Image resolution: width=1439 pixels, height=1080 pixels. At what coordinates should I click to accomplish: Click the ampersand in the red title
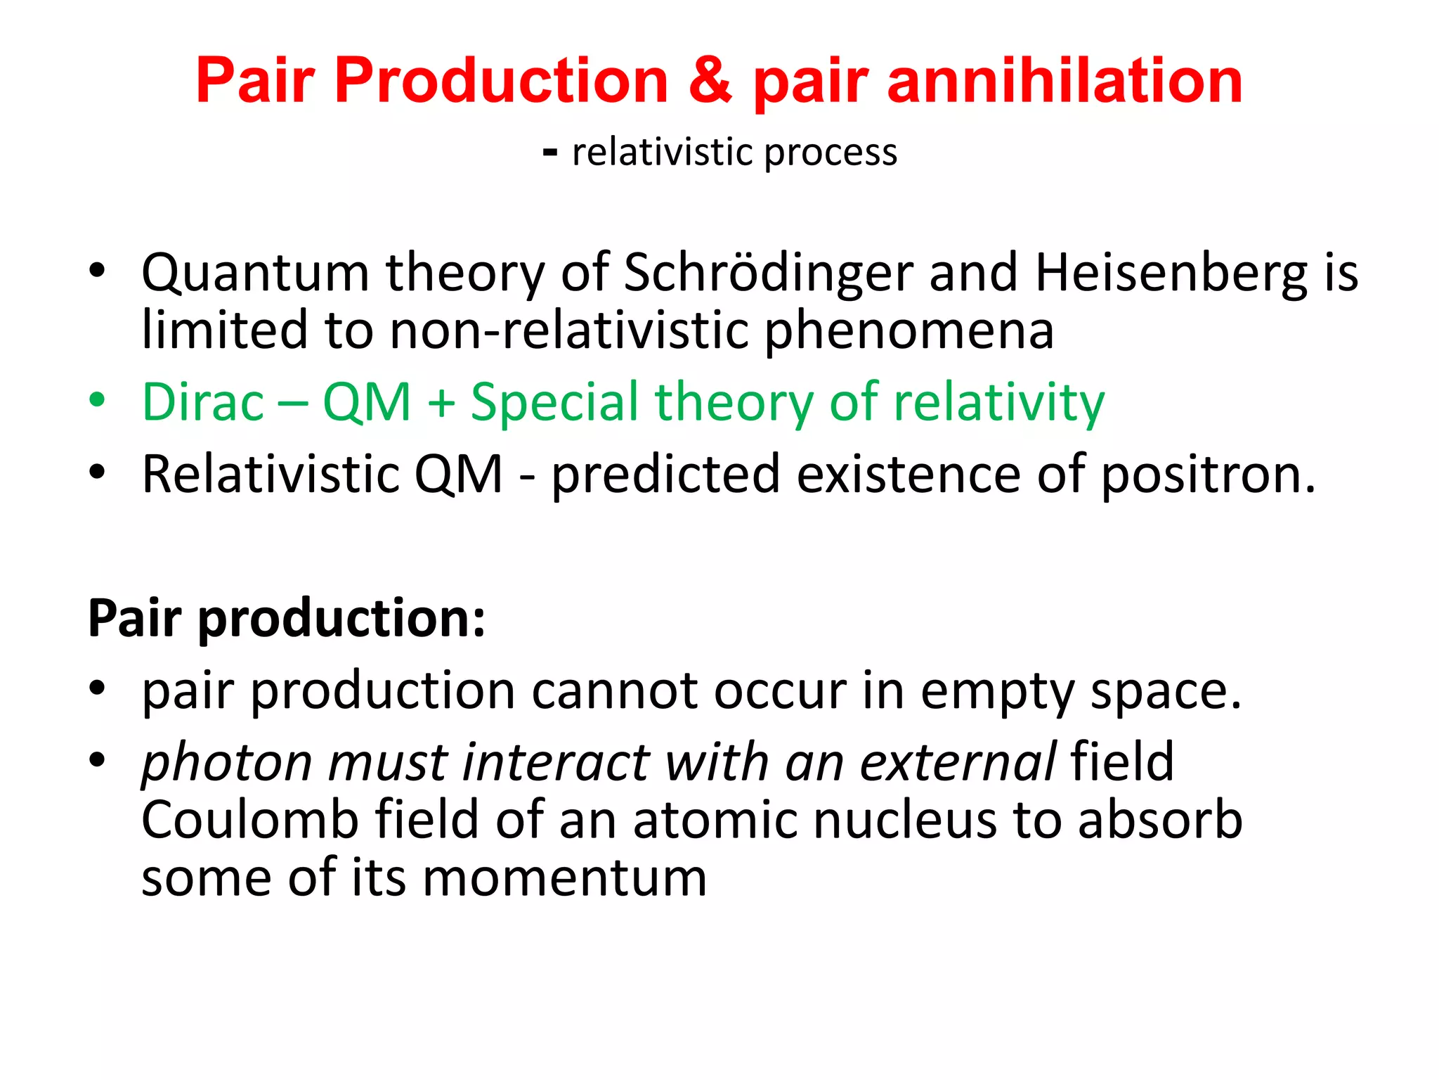(710, 81)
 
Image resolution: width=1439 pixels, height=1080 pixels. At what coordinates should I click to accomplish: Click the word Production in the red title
(501, 81)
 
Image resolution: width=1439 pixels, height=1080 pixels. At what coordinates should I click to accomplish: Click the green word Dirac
(203, 402)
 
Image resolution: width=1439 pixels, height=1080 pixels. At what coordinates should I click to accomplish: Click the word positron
(1207, 475)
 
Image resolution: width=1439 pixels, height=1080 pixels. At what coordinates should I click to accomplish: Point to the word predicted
(665, 475)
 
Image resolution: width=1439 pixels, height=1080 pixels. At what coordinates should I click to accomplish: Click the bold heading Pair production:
(286, 619)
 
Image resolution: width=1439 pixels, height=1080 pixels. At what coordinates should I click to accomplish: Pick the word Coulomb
(249, 821)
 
